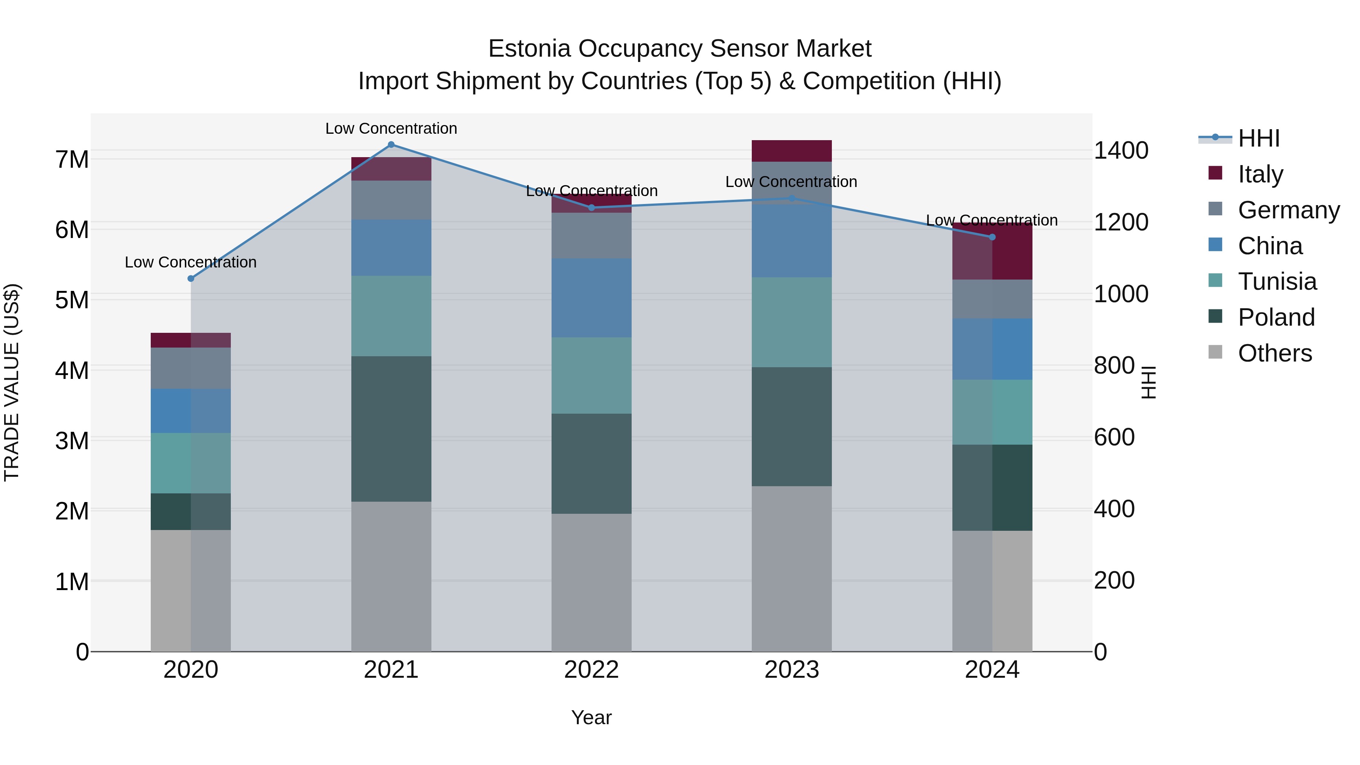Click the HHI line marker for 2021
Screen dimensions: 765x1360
point(391,145)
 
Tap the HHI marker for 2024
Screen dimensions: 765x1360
point(992,237)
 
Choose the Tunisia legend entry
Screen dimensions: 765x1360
point(1277,281)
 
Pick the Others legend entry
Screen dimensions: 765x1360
point(1275,353)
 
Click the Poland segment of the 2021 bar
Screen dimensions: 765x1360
point(391,429)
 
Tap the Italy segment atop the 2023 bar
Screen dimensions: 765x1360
point(791,151)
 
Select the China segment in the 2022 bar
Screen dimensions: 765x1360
point(591,298)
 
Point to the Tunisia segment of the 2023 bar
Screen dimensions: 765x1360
point(791,322)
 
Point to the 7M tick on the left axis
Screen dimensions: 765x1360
point(72,159)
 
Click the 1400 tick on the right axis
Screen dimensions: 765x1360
point(1121,150)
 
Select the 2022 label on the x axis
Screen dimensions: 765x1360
point(591,670)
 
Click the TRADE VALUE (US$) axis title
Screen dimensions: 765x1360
point(12,382)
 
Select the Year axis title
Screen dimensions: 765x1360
point(591,717)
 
